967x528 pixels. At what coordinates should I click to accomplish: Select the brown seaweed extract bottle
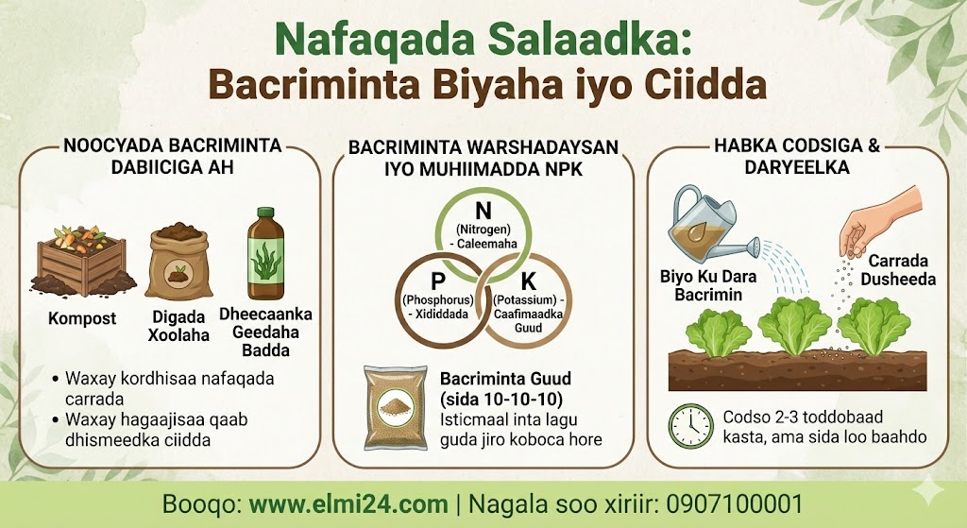(265, 253)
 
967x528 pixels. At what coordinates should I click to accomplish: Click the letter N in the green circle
(483, 211)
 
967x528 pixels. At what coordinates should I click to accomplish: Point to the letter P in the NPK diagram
(438, 281)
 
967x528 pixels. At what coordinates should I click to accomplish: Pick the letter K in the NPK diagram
(529, 281)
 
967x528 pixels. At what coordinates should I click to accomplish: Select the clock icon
(691, 426)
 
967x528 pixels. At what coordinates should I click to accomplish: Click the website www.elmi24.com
(348, 504)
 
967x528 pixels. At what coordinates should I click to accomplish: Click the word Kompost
(83, 319)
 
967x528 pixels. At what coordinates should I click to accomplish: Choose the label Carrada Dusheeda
(899, 270)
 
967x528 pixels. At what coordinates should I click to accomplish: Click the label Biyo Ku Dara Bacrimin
(708, 285)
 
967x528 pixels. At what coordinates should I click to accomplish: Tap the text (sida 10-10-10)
(501, 400)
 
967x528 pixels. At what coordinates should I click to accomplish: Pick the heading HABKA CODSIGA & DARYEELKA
(797, 157)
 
